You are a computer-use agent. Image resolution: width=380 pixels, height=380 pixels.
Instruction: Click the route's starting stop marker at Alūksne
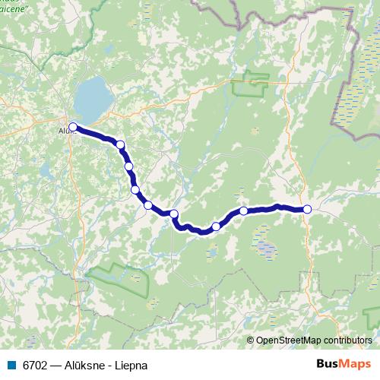coord(73,127)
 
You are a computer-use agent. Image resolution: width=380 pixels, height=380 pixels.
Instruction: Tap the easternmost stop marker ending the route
coord(307,209)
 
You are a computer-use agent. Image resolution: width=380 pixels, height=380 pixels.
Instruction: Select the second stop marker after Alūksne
coord(128,166)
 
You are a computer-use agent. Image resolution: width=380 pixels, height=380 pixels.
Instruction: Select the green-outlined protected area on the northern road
coord(250,84)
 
